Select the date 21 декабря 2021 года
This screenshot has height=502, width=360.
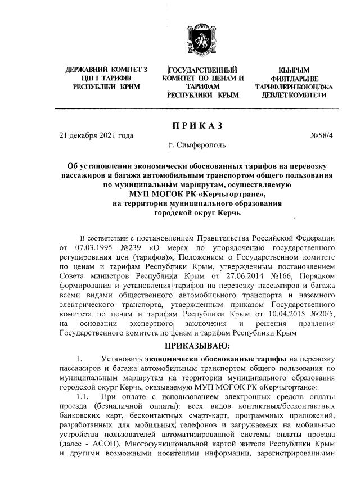(97, 135)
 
